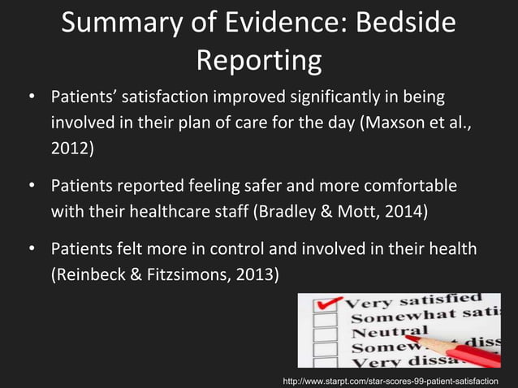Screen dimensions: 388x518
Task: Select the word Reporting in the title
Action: tap(259, 59)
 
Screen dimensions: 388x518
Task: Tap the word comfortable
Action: tap(395, 187)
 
